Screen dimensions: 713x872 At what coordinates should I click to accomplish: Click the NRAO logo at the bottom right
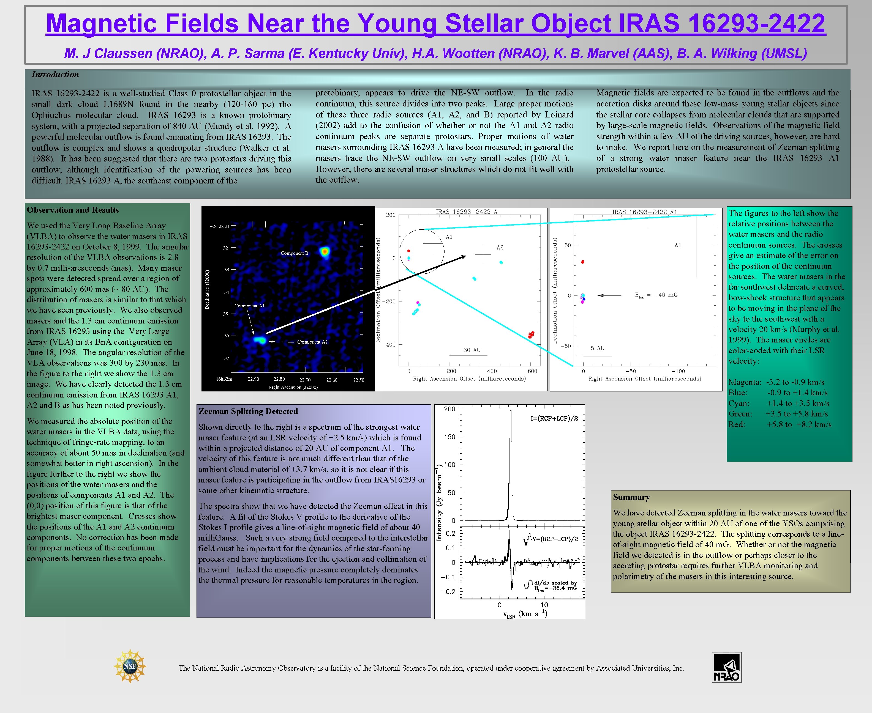click(727, 667)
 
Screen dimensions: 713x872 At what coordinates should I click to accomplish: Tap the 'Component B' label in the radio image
click(294, 253)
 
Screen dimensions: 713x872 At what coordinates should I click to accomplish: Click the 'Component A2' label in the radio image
click(312, 342)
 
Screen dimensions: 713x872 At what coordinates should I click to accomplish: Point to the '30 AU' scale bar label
click(472, 350)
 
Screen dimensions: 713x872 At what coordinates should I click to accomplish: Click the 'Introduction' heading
click(55, 74)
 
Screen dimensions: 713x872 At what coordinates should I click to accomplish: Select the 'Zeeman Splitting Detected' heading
click(248, 411)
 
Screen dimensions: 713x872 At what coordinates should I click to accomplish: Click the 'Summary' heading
click(631, 497)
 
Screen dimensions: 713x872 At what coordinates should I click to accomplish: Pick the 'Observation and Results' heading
click(73, 210)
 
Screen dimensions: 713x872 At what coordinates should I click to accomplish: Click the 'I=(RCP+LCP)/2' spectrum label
click(554, 418)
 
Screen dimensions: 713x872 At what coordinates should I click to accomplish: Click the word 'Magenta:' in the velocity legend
click(745, 382)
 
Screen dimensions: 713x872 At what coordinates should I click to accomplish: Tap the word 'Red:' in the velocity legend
click(736, 424)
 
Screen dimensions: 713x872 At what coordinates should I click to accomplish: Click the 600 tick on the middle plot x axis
click(532, 371)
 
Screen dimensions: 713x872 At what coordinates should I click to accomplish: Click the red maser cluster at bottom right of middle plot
click(531, 335)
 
